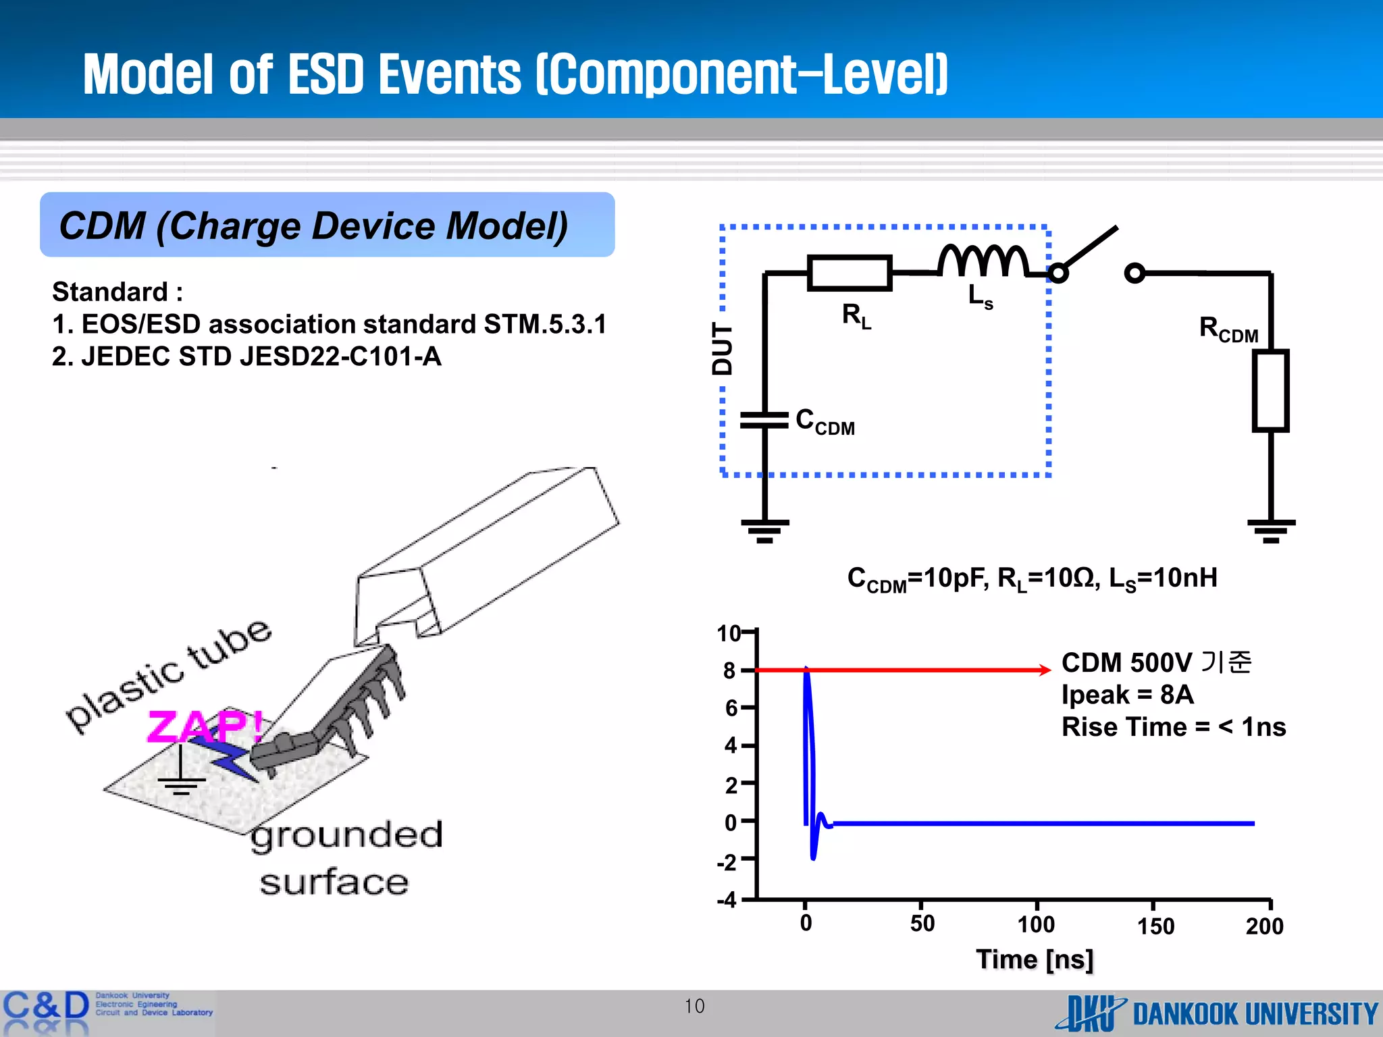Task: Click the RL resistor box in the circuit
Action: pos(850,273)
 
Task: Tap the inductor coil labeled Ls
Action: pos(983,262)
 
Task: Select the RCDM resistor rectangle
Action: pos(1270,390)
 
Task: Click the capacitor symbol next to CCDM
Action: pos(764,420)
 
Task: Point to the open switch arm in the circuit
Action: pos(1089,250)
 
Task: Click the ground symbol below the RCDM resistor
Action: pos(1271,529)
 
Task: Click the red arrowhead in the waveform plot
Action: pos(1045,670)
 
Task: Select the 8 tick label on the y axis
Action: pos(729,670)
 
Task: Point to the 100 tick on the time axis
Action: pos(1036,924)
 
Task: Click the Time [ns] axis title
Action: pos(1035,959)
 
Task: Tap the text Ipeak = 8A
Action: pos(1127,694)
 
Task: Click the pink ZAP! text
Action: pos(205,726)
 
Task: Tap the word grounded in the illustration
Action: pos(346,836)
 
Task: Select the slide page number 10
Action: pos(694,1006)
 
